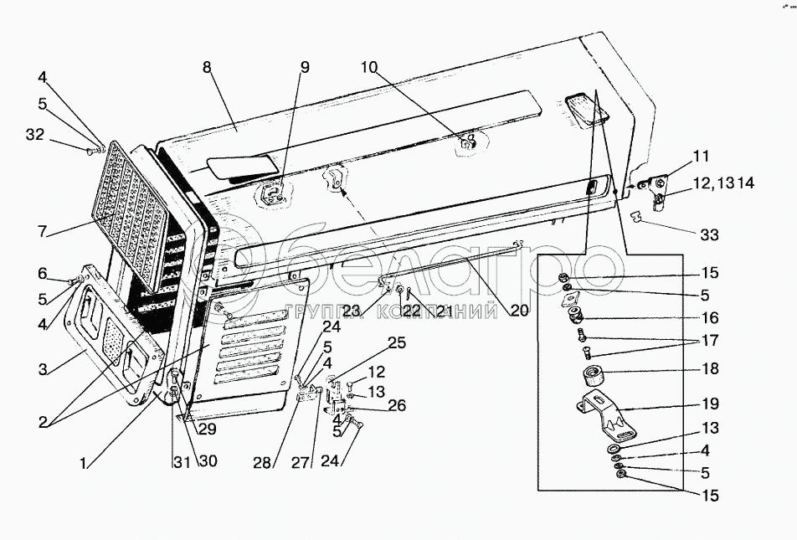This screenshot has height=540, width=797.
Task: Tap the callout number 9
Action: (305, 64)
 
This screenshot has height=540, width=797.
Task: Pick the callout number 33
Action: (708, 236)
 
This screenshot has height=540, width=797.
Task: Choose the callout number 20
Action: (519, 310)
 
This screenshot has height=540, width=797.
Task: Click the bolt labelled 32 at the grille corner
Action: (92, 151)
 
